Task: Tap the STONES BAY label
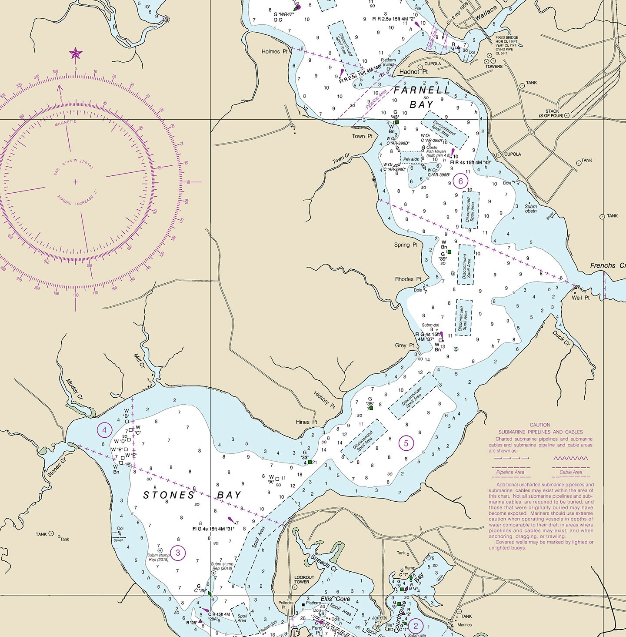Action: coord(192,495)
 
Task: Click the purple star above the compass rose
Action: coord(75,54)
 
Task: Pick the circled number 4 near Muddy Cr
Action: coord(104,430)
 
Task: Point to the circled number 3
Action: coord(178,553)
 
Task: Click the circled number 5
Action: coord(406,443)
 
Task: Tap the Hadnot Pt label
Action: coord(413,72)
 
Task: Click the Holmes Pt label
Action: coord(274,51)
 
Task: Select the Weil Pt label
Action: coord(580,298)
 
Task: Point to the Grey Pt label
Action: coord(404,345)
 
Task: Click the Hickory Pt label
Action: coord(324,400)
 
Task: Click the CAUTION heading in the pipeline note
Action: coord(539,425)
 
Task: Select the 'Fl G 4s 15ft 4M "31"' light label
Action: coord(213,529)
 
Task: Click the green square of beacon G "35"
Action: coord(371,408)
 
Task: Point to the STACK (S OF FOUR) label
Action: coord(551,114)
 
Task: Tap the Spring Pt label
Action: coord(405,245)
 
